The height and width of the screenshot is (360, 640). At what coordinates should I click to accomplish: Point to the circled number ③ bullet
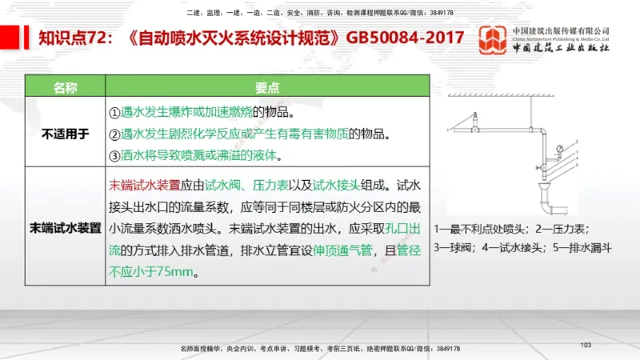114,154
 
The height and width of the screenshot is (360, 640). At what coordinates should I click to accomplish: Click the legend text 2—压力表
560,228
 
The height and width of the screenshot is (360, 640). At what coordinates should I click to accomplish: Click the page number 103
586,344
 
